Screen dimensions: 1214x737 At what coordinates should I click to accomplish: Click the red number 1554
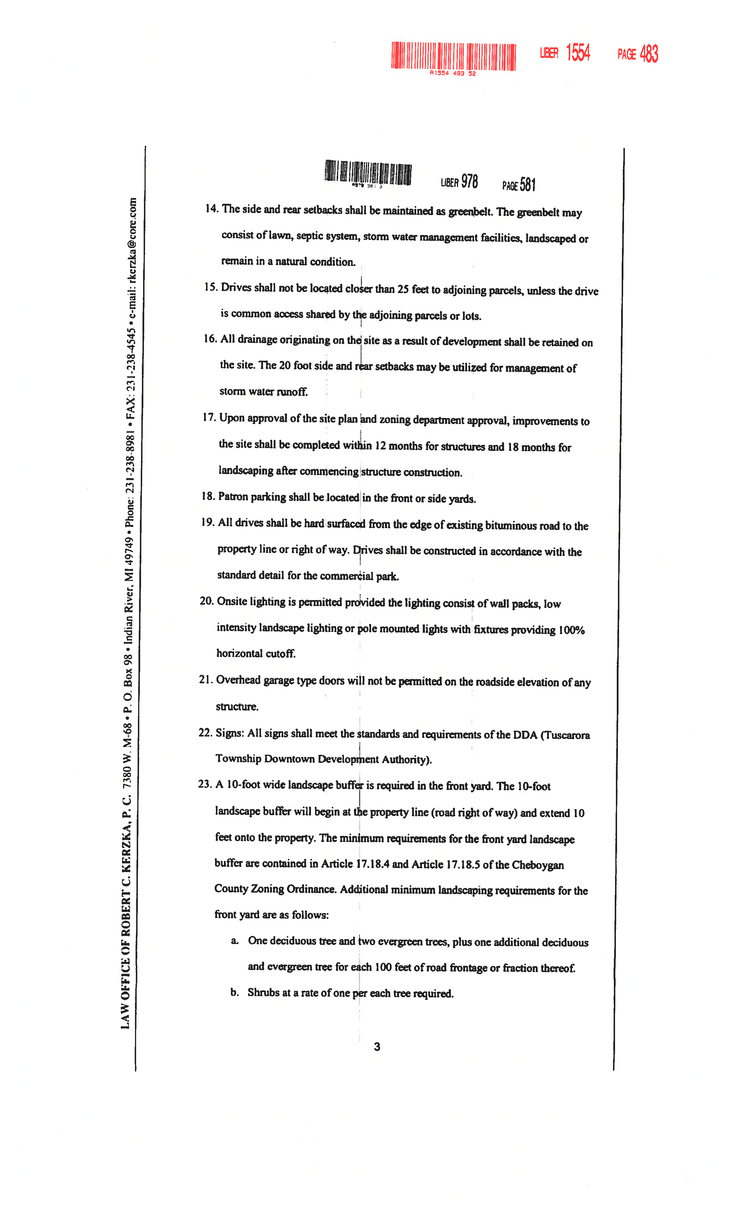(578, 52)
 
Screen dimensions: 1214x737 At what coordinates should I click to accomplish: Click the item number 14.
(211, 208)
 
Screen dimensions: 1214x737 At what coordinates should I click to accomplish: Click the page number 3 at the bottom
(377, 1046)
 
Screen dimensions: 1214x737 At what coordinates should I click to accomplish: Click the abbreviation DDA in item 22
(525, 734)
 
